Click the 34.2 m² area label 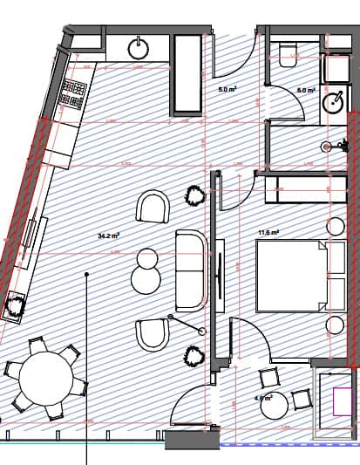click(109, 236)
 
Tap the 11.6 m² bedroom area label click(268, 232)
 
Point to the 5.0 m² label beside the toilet click(305, 90)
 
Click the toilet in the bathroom click(287, 58)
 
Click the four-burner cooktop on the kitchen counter click(74, 90)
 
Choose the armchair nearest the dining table click(153, 335)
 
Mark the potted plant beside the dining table click(15, 306)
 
